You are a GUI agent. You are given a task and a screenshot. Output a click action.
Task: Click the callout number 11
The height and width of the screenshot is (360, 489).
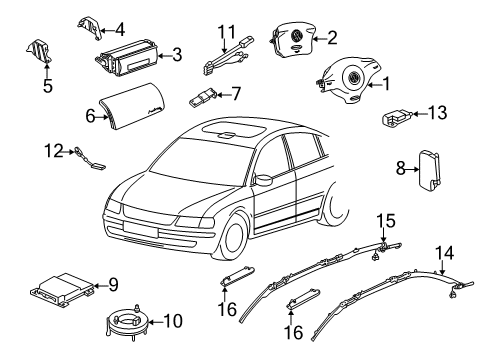(x=227, y=32)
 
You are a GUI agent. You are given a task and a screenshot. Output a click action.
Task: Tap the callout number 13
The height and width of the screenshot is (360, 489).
(x=437, y=113)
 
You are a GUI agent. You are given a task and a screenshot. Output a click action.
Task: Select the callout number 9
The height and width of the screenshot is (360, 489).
(x=113, y=285)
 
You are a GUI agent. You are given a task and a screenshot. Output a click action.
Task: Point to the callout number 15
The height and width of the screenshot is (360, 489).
(x=386, y=221)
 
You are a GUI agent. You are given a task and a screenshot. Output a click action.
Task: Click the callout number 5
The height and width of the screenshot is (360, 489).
(x=48, y=86)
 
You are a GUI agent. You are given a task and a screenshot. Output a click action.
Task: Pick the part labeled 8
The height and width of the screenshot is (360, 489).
(x=429, y=170)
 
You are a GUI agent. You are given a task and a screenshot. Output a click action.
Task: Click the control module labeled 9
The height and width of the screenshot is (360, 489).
(x=62, y=289)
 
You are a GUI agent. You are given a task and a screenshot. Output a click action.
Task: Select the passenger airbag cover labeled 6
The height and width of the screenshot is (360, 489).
(x=133, y=106)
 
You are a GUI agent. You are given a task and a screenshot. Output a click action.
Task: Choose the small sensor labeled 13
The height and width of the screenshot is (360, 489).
(x=398, y=118)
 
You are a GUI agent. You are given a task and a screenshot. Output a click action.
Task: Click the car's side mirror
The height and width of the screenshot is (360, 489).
(x=263, y=179)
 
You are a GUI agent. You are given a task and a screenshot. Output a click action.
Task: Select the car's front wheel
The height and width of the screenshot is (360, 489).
(x=233, y=237)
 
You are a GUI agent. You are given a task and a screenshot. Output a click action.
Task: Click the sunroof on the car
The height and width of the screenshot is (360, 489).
(x=232, y=129)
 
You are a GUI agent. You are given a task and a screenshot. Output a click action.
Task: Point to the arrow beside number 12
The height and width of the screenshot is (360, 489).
(x=68, y=152)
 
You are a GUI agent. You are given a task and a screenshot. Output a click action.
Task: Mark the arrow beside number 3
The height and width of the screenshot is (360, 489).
(x=164, y=55)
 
